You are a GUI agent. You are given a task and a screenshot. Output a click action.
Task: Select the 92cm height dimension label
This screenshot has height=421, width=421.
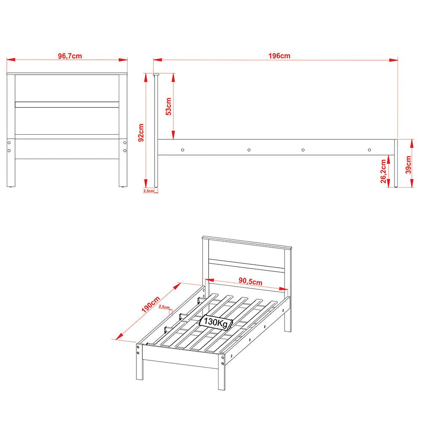pos(141,132)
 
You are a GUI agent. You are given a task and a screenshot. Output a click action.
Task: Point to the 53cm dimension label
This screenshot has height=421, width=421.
pos(168,107)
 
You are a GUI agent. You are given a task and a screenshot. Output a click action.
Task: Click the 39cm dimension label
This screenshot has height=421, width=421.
pos(409,165)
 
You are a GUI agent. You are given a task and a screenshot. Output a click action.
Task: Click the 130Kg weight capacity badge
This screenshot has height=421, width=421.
pos(216,322)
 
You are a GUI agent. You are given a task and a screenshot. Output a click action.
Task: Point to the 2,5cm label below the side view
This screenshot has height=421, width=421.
pos(149,191)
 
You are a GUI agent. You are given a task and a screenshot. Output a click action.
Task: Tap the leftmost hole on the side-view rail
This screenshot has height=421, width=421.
pos(183,150)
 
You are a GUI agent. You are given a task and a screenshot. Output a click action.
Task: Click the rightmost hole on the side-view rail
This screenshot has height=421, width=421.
pos(369,150)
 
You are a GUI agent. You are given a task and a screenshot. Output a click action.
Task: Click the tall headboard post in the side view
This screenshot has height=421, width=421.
pos(156,131)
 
